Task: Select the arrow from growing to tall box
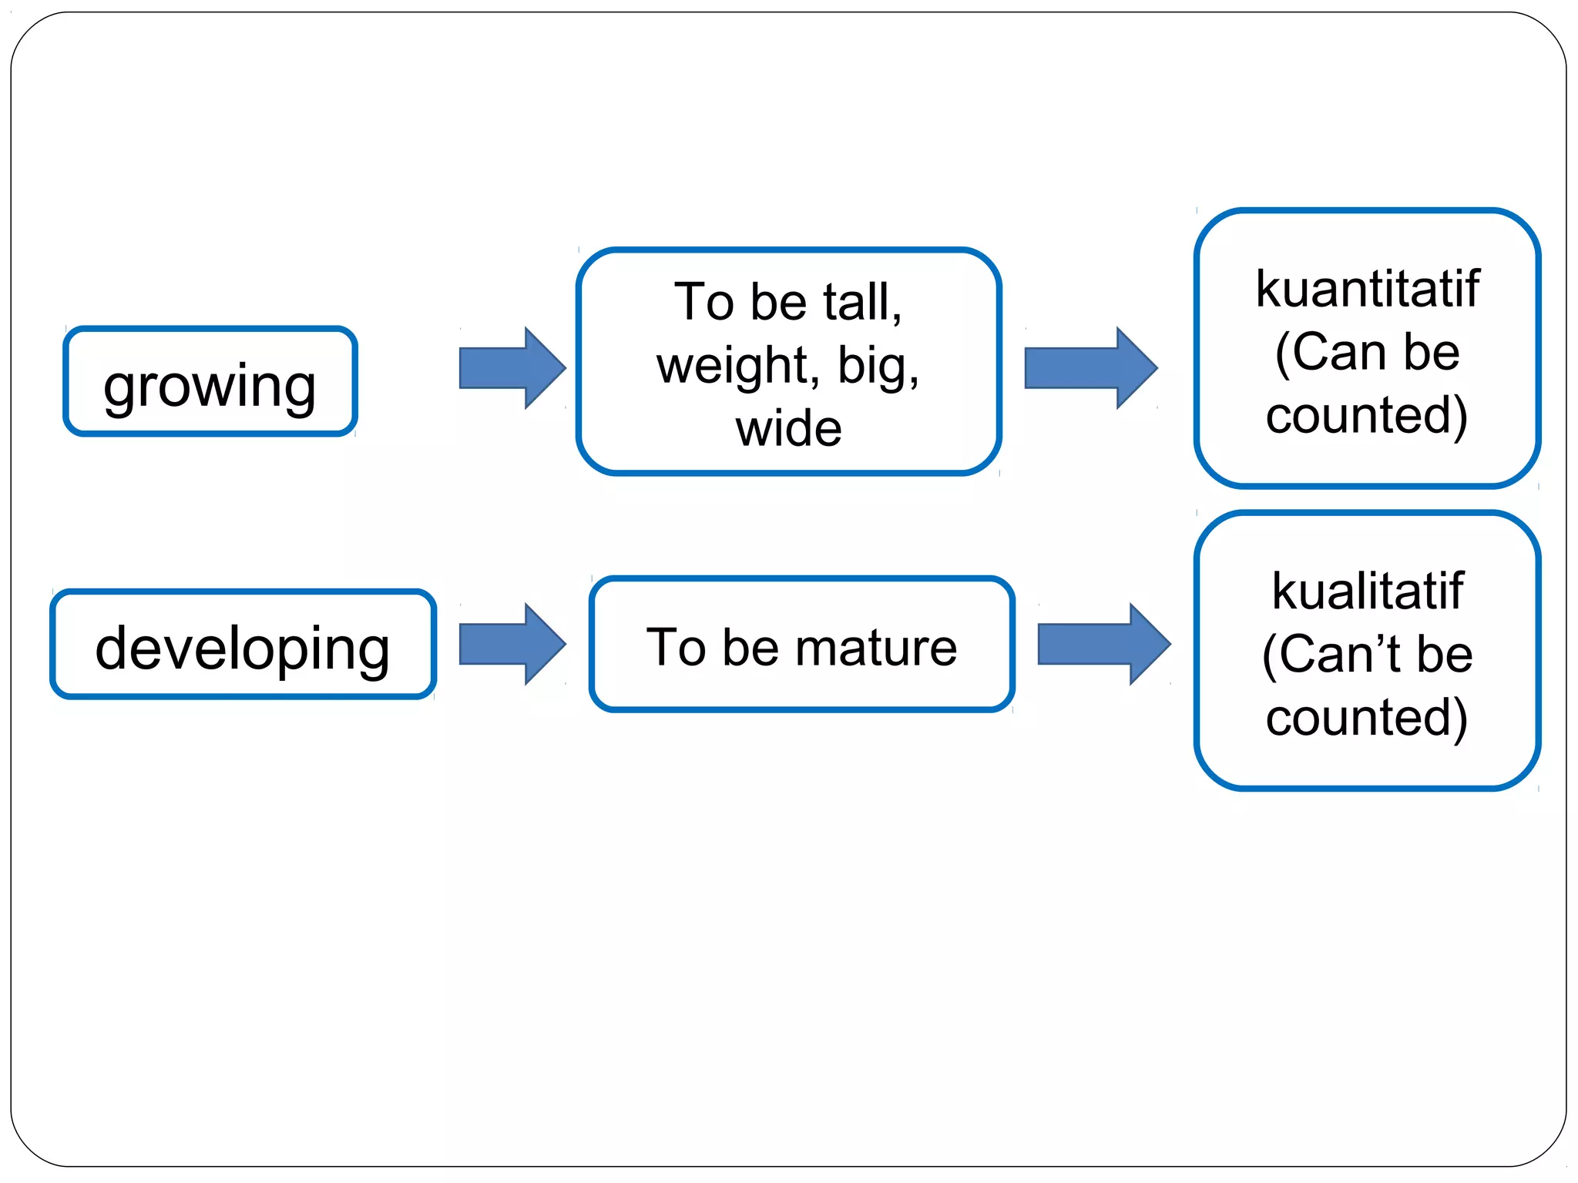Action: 512,368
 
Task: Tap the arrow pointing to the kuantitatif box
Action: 1089,368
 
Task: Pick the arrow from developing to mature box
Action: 512,644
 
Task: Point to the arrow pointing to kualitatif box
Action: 1103,644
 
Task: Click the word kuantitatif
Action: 1368,289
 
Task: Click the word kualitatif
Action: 1368,591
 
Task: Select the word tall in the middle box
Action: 861,301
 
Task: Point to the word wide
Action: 788,428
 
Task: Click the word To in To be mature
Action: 676,647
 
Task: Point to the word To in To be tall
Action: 703,301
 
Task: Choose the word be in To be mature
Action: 750,647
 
